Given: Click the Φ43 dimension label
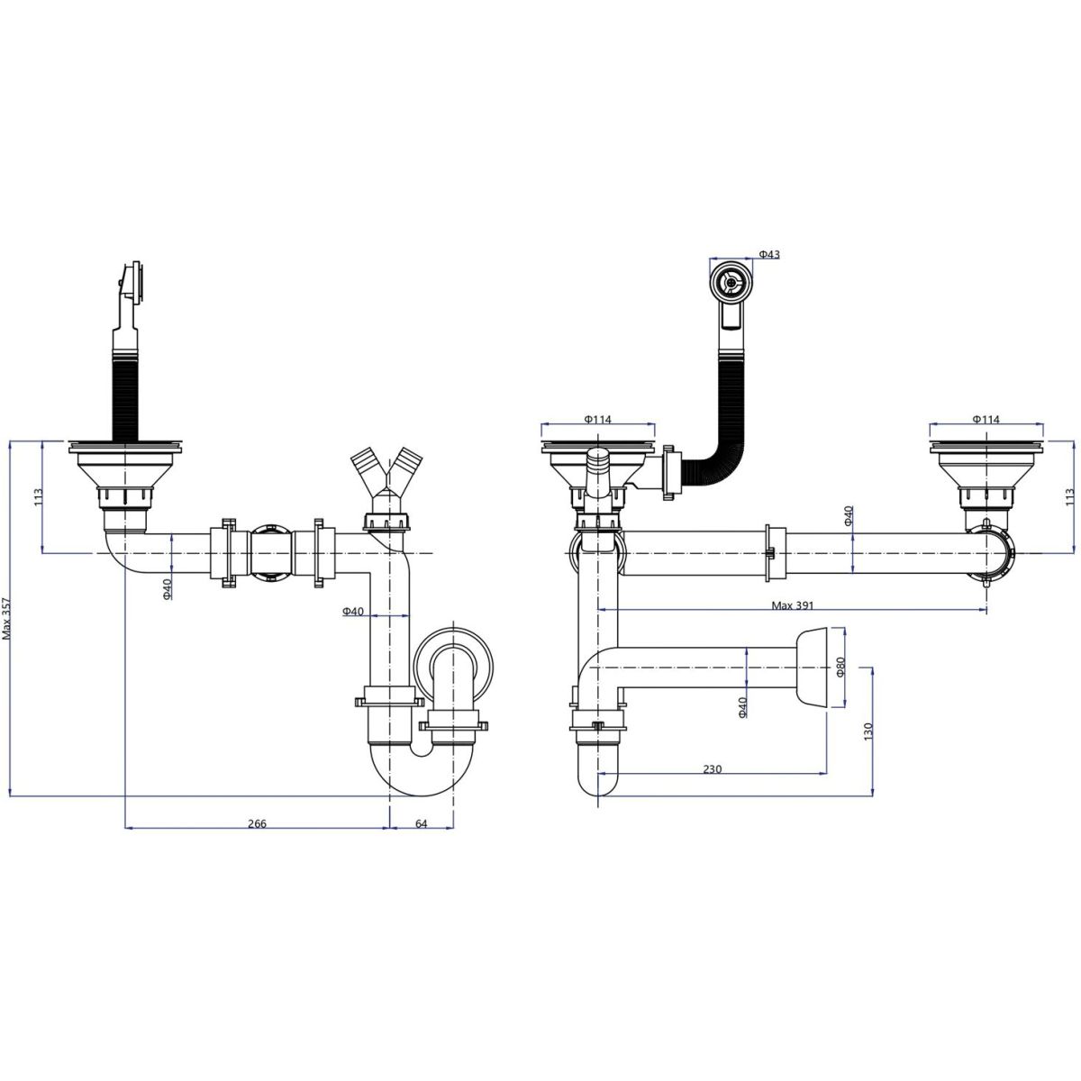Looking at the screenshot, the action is click(x=769, y=255).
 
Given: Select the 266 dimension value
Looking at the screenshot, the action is click(x=257, y=823).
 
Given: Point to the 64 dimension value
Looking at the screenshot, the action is click(x=421, y=823).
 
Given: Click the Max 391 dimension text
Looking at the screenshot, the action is click(x=792, y=605).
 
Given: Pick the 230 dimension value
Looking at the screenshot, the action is click(x=712, y=769).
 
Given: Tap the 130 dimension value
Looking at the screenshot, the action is click(x=868, y=731).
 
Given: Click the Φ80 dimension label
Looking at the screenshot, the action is click(x=840, y=666).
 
